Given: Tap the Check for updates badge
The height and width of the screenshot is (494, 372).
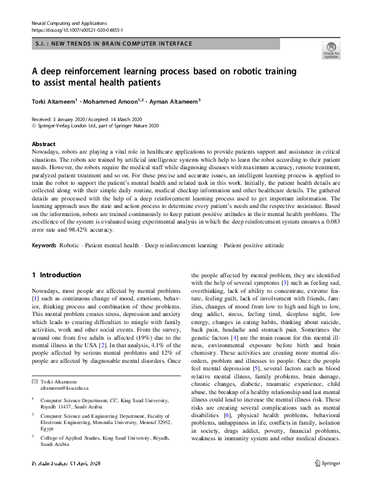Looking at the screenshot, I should pyautogui.click(x=331, y=50).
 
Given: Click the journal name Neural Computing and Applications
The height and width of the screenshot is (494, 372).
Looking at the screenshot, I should pyautogui.click(x=69, y=22).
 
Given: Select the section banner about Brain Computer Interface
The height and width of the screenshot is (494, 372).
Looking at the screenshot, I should pyautogui.click(x=113, y=44).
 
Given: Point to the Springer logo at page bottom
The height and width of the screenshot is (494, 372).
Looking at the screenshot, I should pyautogui.click(x=328, y=480).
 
